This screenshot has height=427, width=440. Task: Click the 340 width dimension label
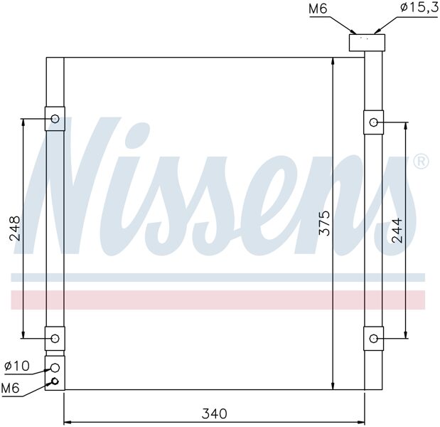(213, 413)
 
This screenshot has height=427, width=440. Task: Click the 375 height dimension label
(324, 223)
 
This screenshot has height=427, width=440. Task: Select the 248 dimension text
(15, 228)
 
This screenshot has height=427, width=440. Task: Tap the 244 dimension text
(397, 230)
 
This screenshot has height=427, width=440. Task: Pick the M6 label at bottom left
(11, 388)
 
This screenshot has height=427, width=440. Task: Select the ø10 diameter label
(16, 367)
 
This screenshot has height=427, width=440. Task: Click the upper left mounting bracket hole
(55, 119)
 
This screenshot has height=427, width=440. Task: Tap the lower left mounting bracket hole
(55, 337)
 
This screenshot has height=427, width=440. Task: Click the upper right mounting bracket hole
(373, 122)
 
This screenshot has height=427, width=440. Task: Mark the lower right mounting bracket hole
(373, 338)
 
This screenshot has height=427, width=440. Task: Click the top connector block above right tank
(366, 42)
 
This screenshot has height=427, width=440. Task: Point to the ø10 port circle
(55, 367)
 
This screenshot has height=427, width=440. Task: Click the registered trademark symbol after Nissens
(421, 162)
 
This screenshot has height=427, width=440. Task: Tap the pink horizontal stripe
(213, 300)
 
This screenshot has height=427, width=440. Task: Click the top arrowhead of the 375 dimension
(333, 62)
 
